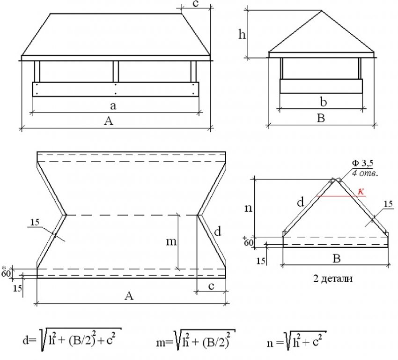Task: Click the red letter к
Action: (x=361, y=191)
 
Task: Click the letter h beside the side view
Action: (x=242, y=35)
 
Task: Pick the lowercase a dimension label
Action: (x=113, y=105)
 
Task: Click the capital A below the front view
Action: (x=109, y=121)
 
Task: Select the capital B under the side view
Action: (x=321, y=119)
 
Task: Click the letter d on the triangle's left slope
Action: (x=300, y=202)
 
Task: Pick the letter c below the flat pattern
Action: (x=211, y=287)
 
